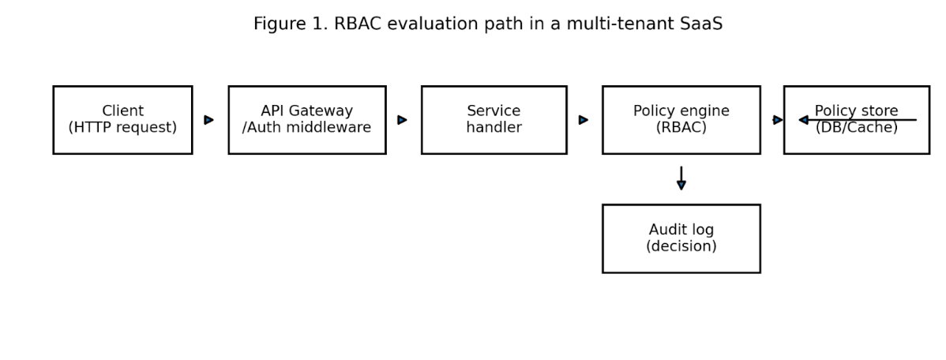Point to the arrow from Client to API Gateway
pos(208,120)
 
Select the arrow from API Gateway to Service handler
pos(403,120)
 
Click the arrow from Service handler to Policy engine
pos(584,120)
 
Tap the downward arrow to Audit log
pos(681,178)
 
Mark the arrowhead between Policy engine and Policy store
pos(778,120)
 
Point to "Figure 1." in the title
pos(291,24)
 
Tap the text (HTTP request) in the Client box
pos(122,128)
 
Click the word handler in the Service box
pos(494,128)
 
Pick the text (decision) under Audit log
pos(681,246)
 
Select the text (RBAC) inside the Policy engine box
pos(681,128)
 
